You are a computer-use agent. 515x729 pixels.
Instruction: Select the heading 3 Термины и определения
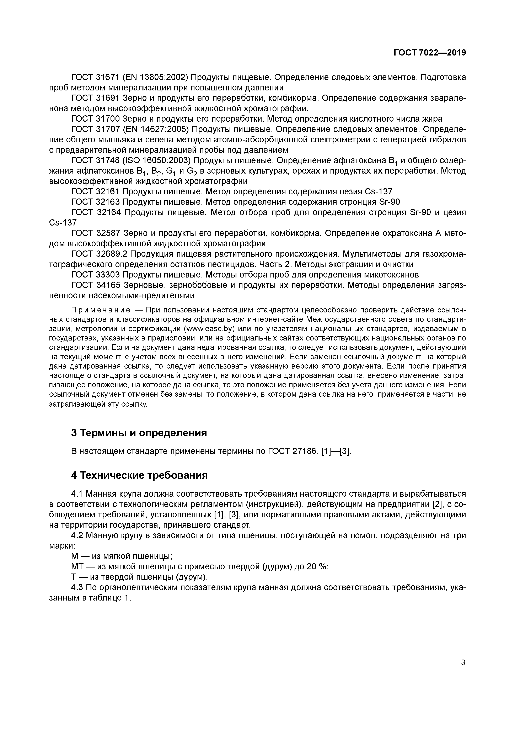139,432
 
